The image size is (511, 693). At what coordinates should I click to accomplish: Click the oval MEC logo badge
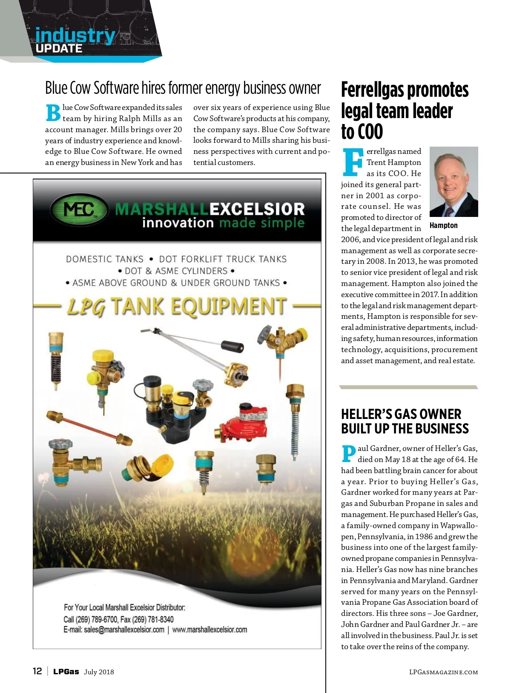click(79, 210)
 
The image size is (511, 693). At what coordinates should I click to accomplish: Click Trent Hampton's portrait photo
click(454, 182)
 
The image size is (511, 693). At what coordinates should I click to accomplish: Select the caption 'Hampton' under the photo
click(443, 225)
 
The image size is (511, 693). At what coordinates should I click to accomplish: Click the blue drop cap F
click(353, 162)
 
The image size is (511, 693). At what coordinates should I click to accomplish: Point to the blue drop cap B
click(53, 113)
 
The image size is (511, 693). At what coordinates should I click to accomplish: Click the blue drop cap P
click(348, 453)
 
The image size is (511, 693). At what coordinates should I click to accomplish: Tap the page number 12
click(37, 671)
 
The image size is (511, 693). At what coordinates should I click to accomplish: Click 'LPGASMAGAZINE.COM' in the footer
click(443, 672)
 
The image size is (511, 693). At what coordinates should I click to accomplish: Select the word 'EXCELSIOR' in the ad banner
click(257, 209)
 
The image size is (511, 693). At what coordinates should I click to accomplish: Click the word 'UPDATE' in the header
click(59, 49)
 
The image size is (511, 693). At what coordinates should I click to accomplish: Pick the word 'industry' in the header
click(75, 35)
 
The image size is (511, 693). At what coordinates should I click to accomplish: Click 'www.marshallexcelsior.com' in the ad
click(210, 629)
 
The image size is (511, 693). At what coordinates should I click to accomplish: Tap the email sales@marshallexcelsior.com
click(114, 629)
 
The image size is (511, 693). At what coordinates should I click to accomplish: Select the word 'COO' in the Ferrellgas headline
click(370, 132)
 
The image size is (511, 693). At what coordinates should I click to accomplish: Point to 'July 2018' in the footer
click(99, 672)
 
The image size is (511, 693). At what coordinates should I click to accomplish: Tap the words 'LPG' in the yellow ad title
click(86, 307)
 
